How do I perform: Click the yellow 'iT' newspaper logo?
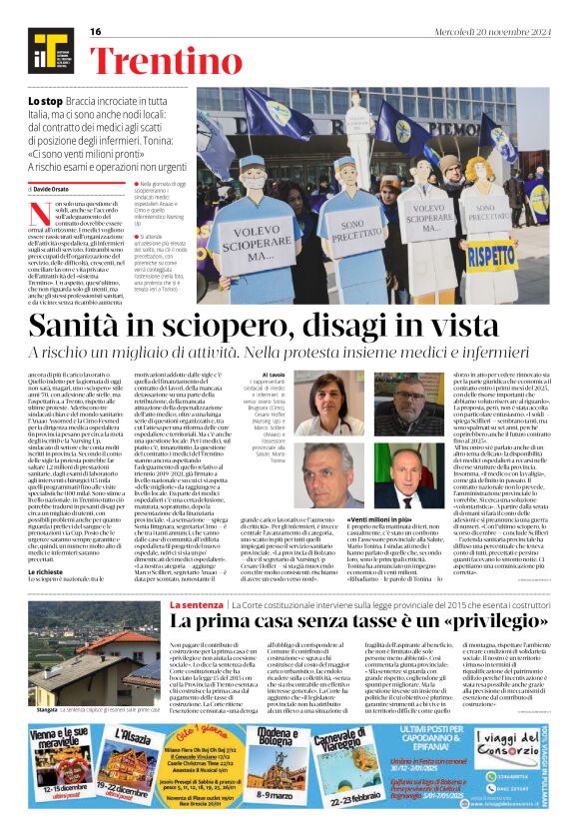(x=50, y=50)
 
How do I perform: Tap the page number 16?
(x=96, y=32)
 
